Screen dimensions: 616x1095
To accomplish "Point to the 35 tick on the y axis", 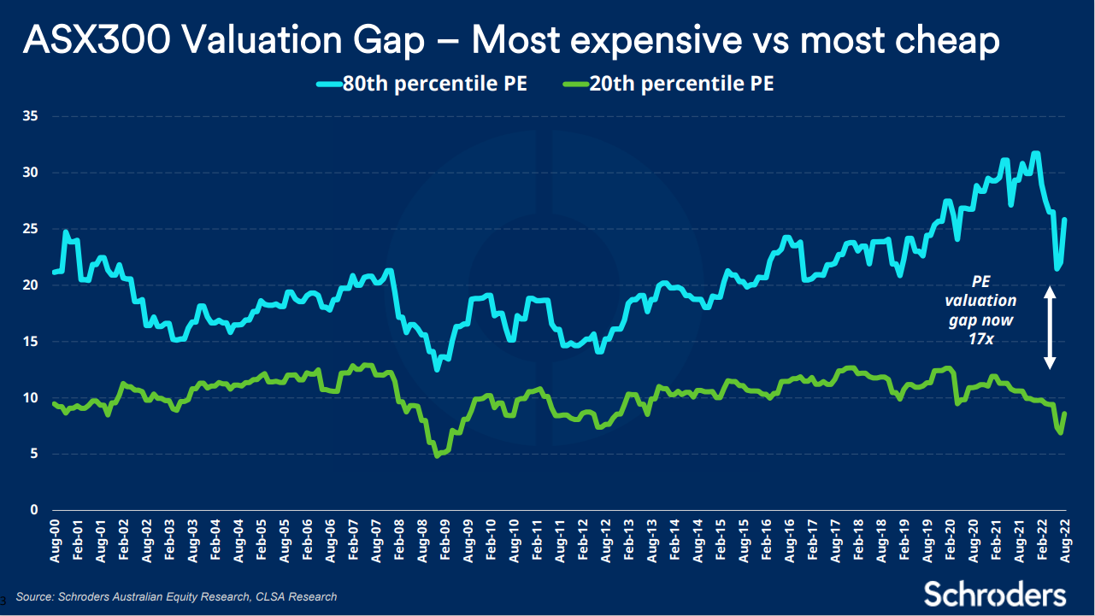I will coord(31,116).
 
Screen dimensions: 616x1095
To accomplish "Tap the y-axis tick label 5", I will coord(34,454).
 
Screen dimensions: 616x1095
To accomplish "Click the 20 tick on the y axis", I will coord(31,285).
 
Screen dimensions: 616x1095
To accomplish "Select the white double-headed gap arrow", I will coord(1051,327).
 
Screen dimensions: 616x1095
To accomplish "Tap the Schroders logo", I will coord(994,594).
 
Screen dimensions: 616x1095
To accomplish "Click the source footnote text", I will coord(176,596).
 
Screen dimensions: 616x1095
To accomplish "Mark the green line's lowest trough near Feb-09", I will coord(438,455).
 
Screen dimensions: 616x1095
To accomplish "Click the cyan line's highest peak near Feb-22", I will coord(1036,154).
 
